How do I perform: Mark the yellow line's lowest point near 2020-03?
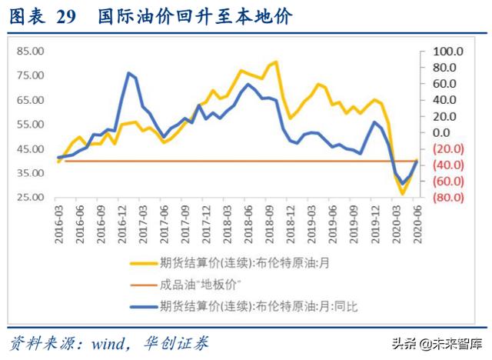[402, 194]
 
